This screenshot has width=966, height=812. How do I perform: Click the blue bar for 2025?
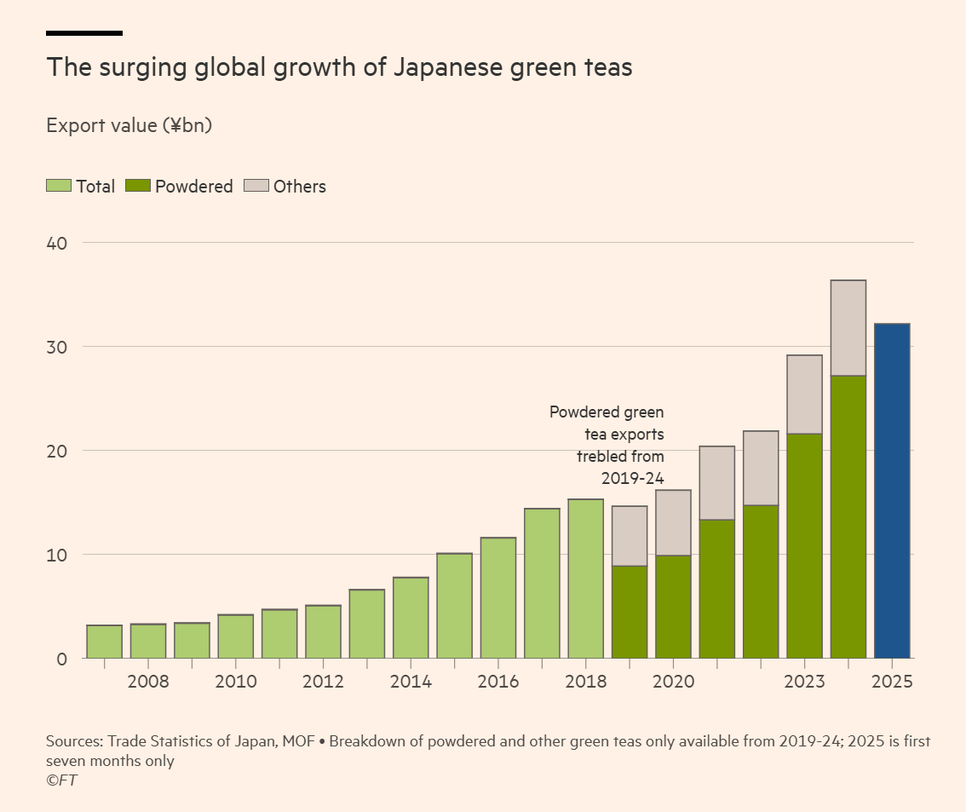(x=892, y=491)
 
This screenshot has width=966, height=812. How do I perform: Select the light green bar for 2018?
(x=585, y=579)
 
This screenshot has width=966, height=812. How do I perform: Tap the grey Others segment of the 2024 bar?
(x=848, y=328)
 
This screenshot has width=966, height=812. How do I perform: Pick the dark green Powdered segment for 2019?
(x=630, y=612)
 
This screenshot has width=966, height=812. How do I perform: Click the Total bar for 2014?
(x=411, y=618)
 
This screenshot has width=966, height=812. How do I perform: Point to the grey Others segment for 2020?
(x=673, y=523)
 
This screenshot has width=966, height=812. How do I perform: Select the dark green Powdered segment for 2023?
(x=804, y=545)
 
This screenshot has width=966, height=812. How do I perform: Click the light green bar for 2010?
(x=235, y=636)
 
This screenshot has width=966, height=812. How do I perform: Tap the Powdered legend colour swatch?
(x=137, y=186)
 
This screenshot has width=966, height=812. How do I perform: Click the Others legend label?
(x=299, y=187)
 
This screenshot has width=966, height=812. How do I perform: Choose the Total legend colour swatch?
(x=59, y=186)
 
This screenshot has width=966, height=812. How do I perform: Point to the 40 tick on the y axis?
(x=56, y=243)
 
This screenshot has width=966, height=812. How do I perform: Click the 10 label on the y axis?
(x=56, y=555)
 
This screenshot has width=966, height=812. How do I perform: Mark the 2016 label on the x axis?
(x=497, y=682)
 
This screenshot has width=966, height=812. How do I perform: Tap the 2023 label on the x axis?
(x=804, y=682)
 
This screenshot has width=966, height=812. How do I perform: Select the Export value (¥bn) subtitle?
(x=129, y=126)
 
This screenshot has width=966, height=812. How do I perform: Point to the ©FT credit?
(x=61, y=780)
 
